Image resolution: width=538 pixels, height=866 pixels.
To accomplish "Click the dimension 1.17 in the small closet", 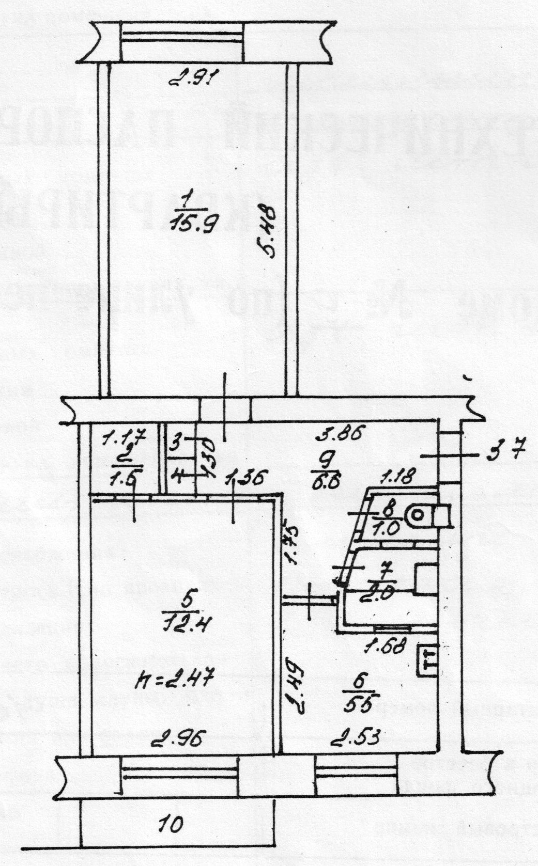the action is pos(124,439).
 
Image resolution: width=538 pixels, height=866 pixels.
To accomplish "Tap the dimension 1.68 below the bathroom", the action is pos(385,645).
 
